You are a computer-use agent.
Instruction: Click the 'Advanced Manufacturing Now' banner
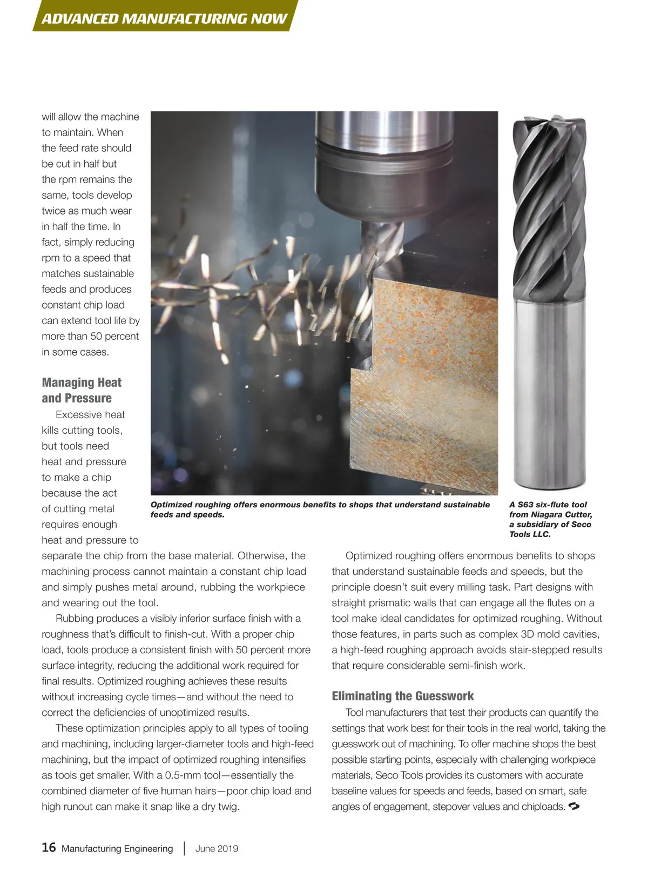pyautogui.click(x=164, y=18)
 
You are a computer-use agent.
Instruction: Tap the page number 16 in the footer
pyautogui.click(x=49, y=847)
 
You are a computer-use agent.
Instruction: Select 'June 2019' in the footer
pyautogui.click(x=217, y=848)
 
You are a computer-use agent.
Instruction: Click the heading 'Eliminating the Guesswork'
pyautogui.click(x=403, y=696)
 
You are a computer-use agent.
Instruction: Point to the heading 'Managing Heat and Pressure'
pyautogui.click(x=82, y=390)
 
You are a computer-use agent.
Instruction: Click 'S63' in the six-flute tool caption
pyautogui.click(x=525, y=505)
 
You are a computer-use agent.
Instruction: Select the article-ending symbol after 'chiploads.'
pyautogui.click(x=575, y=807)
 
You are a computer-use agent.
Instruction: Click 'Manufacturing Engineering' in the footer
pyautogui.click(x=117, y=848)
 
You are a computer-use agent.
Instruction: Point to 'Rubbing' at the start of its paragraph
pyautogui.click(x=74, y=618)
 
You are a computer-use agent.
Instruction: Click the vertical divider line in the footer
pyautogui.click(x=185, y=848)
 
